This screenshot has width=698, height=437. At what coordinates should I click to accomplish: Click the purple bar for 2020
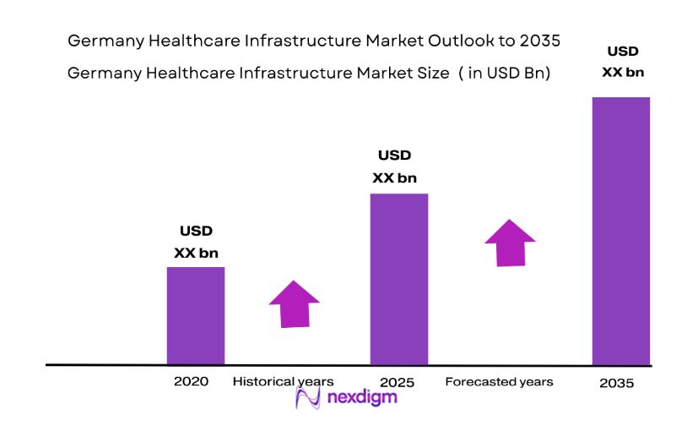196,315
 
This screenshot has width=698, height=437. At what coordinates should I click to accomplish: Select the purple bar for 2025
399,279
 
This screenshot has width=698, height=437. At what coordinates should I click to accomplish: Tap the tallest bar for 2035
621,230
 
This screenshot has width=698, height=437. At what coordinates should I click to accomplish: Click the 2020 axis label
191,381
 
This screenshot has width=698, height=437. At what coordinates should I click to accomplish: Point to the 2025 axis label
397,382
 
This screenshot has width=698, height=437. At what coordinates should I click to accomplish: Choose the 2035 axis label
616,382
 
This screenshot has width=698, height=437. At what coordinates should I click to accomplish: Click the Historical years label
284,381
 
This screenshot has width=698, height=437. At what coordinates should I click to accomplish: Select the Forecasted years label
499,381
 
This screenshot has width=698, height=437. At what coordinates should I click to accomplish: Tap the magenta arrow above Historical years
294,303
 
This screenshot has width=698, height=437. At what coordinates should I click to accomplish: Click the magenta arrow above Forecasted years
510,243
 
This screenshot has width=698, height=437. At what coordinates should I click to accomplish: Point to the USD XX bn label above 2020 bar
196,242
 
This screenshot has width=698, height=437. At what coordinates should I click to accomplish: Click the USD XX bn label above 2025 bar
394,167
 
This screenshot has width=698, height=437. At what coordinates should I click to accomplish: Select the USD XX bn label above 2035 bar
623,62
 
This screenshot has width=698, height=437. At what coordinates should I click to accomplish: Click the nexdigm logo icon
306,398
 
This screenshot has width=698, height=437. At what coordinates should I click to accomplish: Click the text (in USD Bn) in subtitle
506,73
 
